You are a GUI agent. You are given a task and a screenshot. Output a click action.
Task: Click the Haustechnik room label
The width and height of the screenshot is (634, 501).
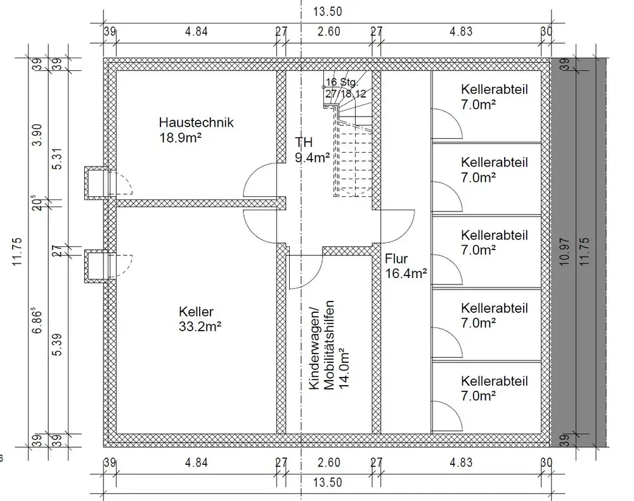[x=196, y=122]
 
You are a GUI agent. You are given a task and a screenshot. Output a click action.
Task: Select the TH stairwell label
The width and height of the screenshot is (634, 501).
[x=304, y=143]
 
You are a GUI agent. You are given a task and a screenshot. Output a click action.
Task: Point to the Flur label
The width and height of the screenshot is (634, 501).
[x=396, y=258]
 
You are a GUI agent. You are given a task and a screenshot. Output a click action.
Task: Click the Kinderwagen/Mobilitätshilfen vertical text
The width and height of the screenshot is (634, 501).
[x=326, y=348]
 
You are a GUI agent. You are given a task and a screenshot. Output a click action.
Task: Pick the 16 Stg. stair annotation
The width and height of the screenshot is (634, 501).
[x=342, y=82]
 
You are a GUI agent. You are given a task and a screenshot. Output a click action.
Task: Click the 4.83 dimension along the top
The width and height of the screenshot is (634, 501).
[x=461, y=32]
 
